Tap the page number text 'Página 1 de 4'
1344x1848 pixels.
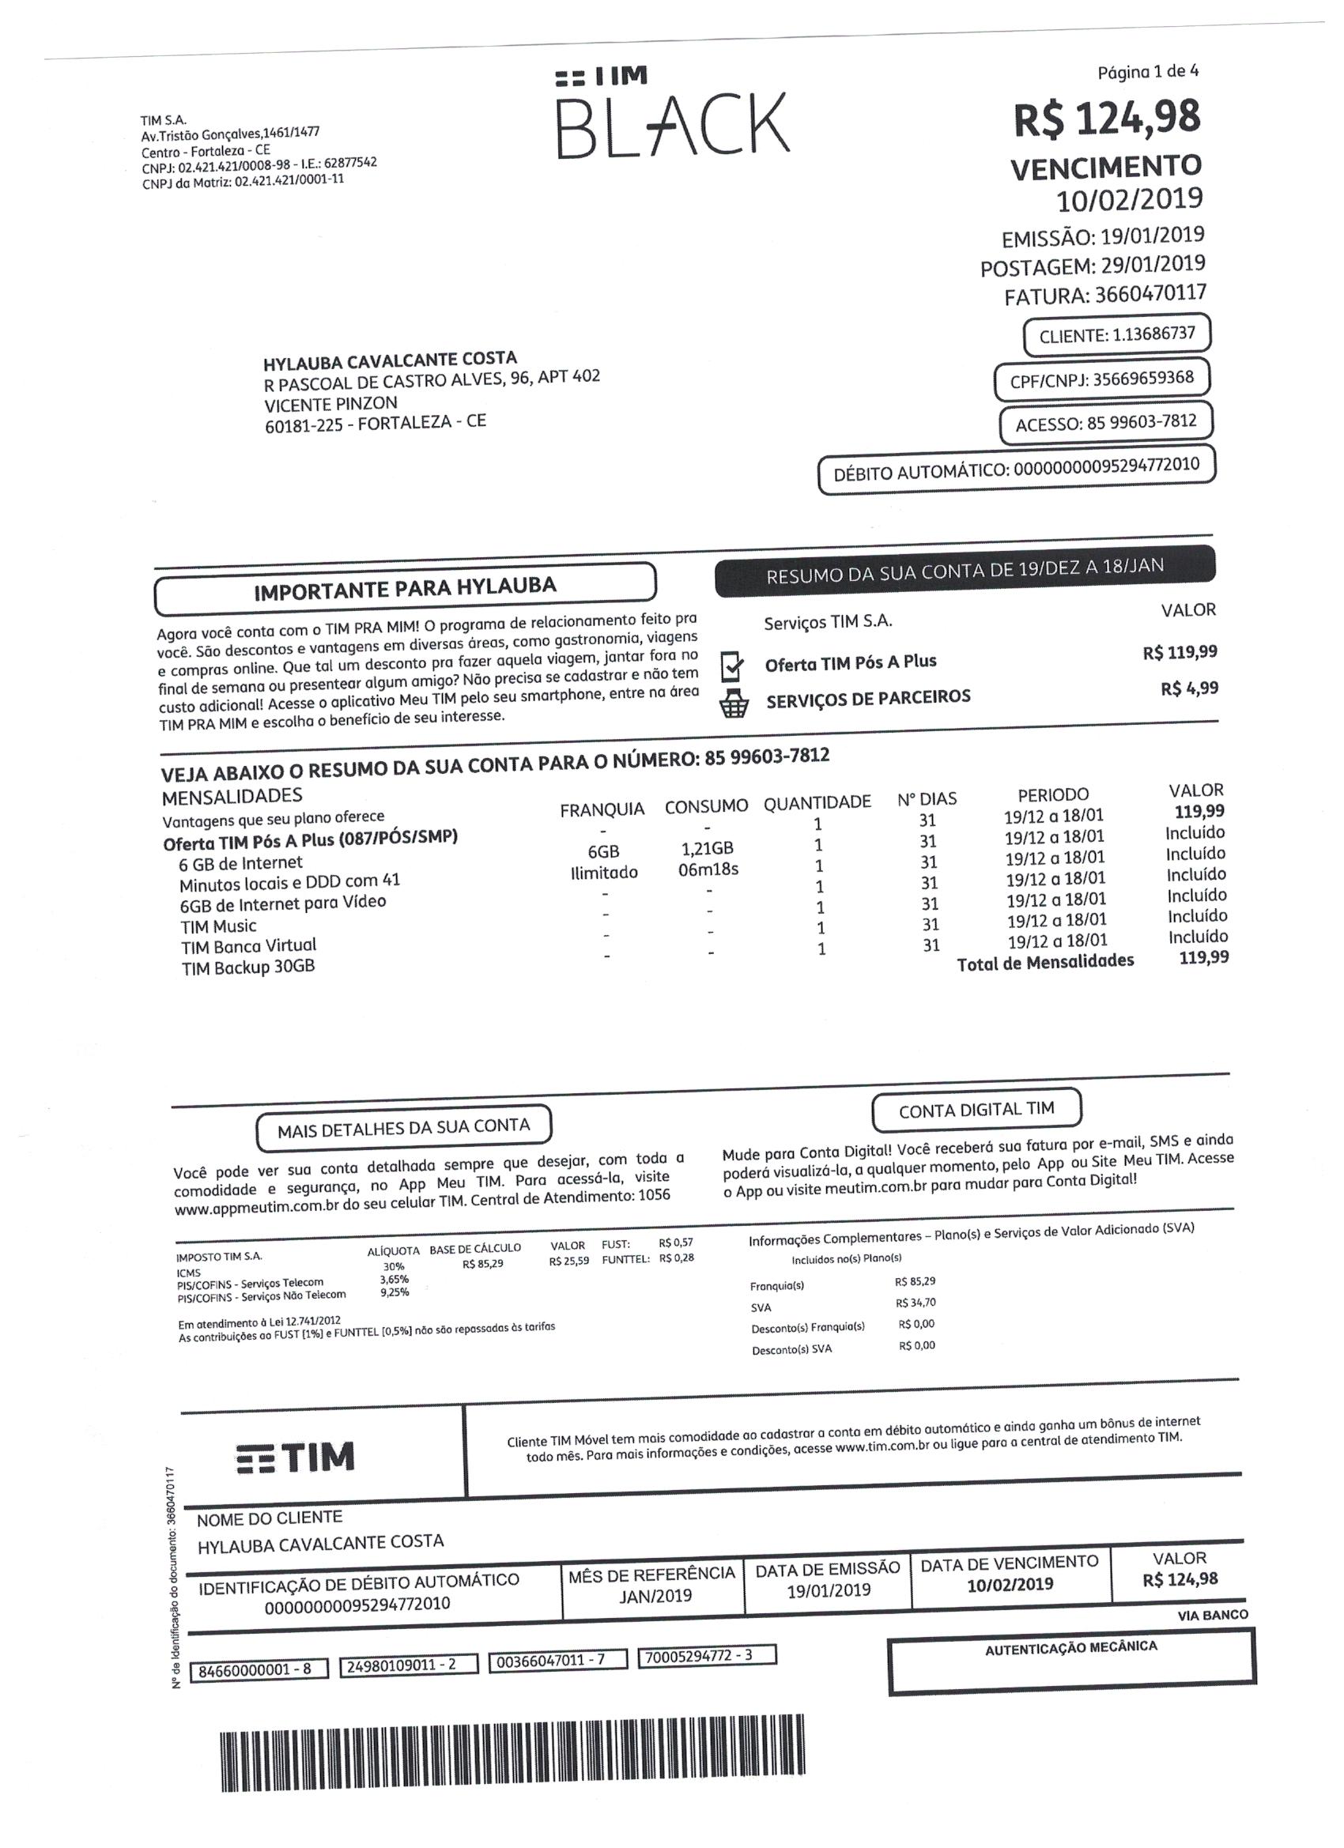[1148, 73]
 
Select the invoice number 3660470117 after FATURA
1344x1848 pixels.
[1150, 293]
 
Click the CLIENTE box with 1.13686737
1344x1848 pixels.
[1116, 335]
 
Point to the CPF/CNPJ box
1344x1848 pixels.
[1102, 379]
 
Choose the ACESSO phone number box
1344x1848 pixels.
[1106, 423]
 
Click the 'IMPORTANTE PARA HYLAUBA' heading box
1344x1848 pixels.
[405, 588]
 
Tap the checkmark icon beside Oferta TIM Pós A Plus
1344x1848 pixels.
[733, 666]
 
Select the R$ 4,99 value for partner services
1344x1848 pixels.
[1189, 688]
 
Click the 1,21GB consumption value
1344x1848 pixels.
[707, 848]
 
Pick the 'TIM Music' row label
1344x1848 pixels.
[218, 926]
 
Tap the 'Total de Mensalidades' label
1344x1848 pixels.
[1045, 962]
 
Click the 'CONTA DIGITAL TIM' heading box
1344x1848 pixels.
[976, 1109]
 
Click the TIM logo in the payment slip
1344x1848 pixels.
[296, 1456]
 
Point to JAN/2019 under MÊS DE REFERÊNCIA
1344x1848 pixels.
[655, 1595]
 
